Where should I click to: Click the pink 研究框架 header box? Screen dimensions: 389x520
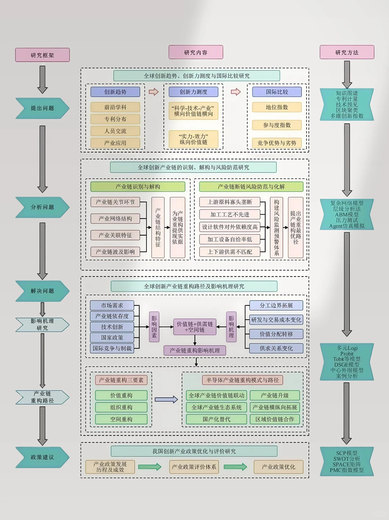pyautogui.click(x=43, y=55)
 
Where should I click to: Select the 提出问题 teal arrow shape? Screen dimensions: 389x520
pyautogui.click(x=43, y=108)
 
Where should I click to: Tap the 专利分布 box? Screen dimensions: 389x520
pyautogui.click(x=115, y=119)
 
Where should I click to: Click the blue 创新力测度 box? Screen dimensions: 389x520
pyautogui.click(x=193, y=92)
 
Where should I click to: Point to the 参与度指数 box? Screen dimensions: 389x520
pyautogui.click(x=277, y=125)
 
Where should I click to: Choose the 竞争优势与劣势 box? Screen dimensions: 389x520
pyautogui.click(x=277, y=143)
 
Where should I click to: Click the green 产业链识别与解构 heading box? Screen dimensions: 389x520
pyautogui.click(x=138, y=187)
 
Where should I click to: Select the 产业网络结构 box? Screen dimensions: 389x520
pyautogui.click(x=115, y=218)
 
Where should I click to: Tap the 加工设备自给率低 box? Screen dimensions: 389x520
pyautogui.click(x=230, y=239)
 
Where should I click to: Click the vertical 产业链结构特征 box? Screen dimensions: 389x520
pyautogui.click(x=158, y=227)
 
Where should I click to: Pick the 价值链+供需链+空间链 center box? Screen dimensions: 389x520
pyautogui.click(x=195, y=327)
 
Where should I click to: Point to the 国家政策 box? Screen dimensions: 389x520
pyautogui.click(x=112, y=338)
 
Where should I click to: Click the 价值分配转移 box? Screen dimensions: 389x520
pyautogui.click(x=276, y=334)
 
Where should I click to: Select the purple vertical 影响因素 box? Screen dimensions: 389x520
pyautogui.click(x=154, y=327)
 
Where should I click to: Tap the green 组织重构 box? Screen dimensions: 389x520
pyautogui.click(x=121, y=407)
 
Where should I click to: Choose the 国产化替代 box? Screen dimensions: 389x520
pyautogui.click(x=216, y=419)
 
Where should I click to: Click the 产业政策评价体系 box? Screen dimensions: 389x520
pyautogui.click(x=194, y=467)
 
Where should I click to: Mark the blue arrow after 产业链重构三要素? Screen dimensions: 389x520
pyautogui.click(x=166, y=399)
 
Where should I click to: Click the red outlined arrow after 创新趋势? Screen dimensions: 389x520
pyautogui.click(x=154, y=92)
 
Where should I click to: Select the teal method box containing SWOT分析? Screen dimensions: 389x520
pyautogui.click(x=346, y=462)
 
